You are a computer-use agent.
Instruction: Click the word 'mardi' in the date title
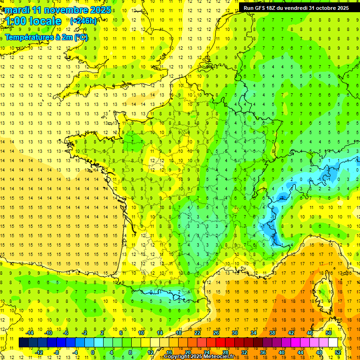point(16,10)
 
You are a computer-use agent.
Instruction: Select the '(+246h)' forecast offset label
point(83,21)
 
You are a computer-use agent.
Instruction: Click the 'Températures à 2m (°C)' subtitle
point(46,37)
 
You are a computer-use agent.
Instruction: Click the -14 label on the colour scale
point(30,333)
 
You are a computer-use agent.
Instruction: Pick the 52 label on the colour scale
point(338,352)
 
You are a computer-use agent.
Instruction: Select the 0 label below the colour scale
point(93,352)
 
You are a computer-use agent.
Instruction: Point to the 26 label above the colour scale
point(216,333)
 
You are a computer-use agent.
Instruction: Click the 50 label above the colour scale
point(329,333)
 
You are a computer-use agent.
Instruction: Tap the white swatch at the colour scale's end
point(333,342)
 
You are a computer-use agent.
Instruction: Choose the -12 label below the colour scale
point(40,352)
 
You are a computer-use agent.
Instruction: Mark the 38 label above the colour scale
point(272,333)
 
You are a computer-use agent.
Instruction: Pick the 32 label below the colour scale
point(244,352)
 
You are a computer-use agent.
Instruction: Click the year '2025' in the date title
point(101,10)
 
